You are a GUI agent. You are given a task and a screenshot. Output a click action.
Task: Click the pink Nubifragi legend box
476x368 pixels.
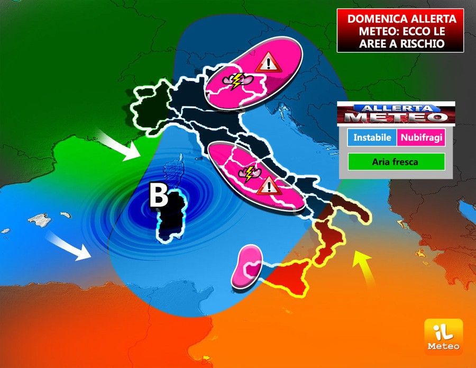[422, 138]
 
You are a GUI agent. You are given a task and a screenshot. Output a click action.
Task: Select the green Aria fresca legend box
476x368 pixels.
[396, 162]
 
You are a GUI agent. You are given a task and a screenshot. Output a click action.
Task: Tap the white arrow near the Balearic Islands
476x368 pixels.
[68, 246]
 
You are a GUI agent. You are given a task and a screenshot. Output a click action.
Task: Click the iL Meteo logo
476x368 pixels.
[443, 336]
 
